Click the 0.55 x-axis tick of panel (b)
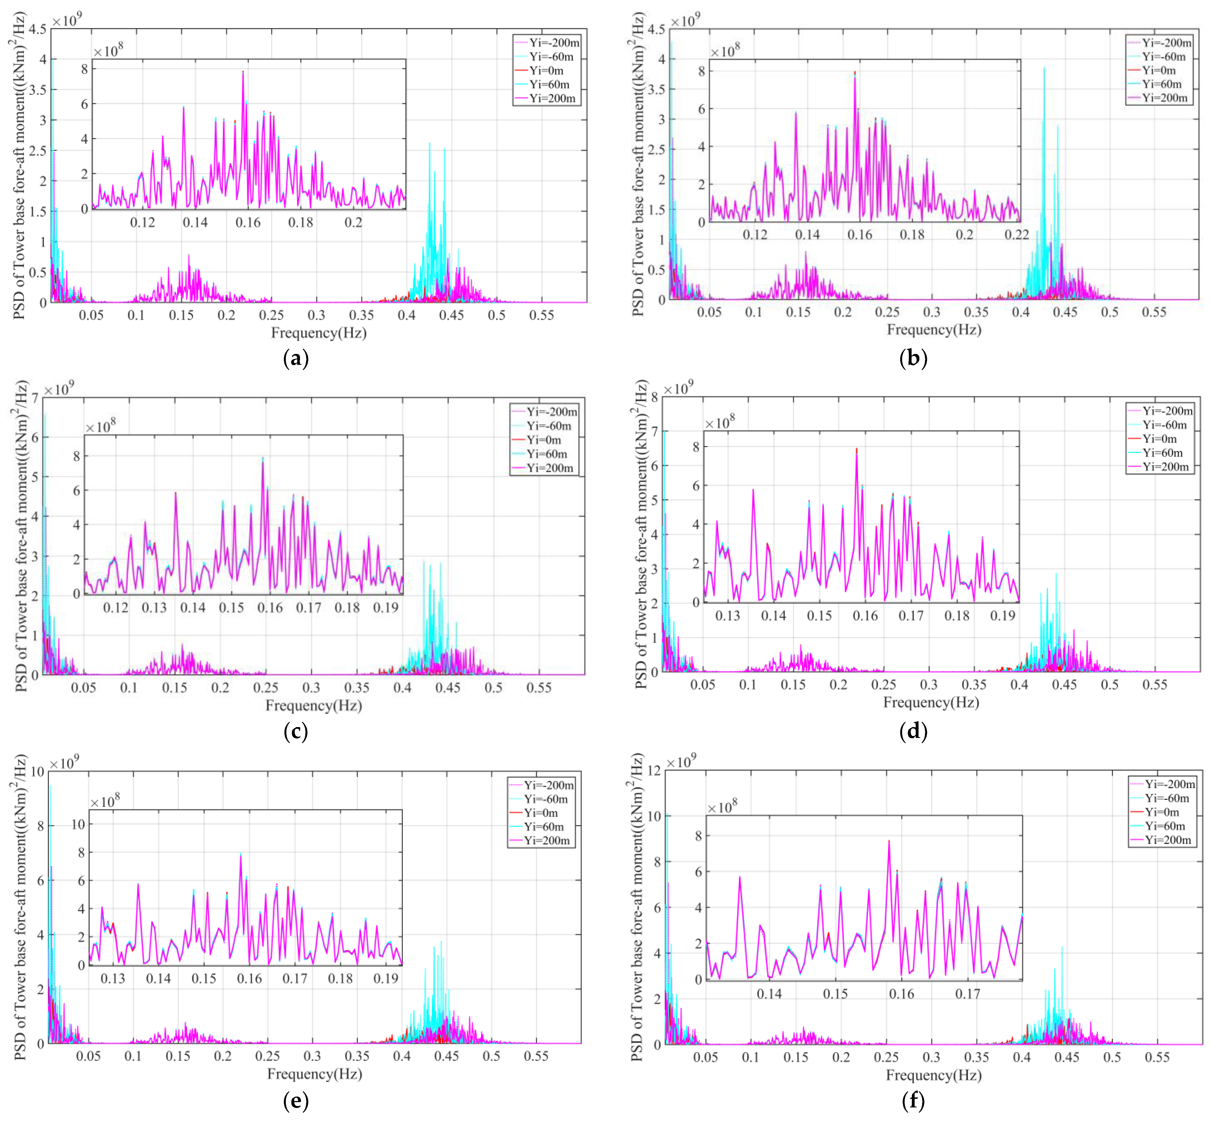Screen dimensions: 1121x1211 point(1154,312)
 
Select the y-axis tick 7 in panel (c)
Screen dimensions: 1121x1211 point(35,398)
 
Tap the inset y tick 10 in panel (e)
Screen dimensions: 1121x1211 point(78,824)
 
